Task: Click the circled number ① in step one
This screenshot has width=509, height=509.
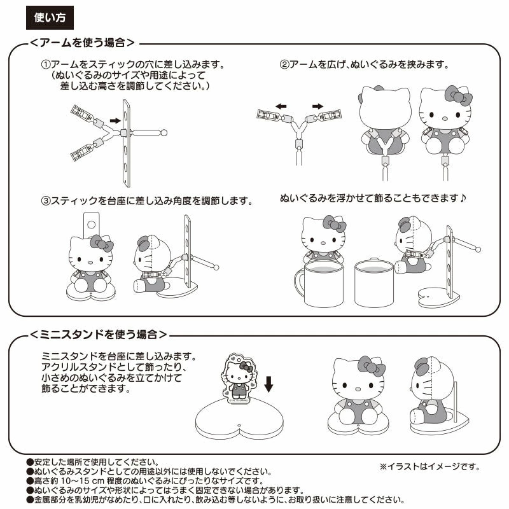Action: point(45,66)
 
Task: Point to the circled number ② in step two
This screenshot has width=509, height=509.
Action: point(284,66)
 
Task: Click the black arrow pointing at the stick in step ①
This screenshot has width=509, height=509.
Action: point(115,120)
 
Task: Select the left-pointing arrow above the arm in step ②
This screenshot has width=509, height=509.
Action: point(281,106)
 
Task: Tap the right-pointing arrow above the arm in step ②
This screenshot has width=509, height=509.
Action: point(318,106)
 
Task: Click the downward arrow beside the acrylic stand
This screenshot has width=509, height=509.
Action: point(268,383)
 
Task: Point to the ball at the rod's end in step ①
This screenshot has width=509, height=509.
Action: point(164,132)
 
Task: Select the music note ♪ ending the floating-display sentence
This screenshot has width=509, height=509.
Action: point(463,199)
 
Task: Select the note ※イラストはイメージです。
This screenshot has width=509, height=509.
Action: point(429,467)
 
